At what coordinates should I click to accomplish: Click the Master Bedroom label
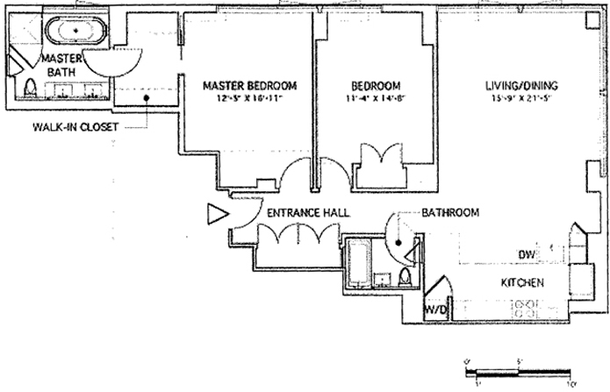point(249,86)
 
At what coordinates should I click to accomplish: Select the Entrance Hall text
point(307,213)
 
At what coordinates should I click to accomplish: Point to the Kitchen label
point(523,282)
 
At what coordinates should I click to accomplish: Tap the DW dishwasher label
point(526,254)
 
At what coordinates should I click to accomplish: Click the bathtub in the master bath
point(76,31)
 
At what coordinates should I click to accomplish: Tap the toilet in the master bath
point(29,87)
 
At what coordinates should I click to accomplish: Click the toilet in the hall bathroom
point(405,278)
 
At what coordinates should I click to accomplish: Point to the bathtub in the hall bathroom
point(357,260)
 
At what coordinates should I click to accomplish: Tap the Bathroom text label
point(449,213)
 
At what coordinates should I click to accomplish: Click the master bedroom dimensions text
point(249,99)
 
